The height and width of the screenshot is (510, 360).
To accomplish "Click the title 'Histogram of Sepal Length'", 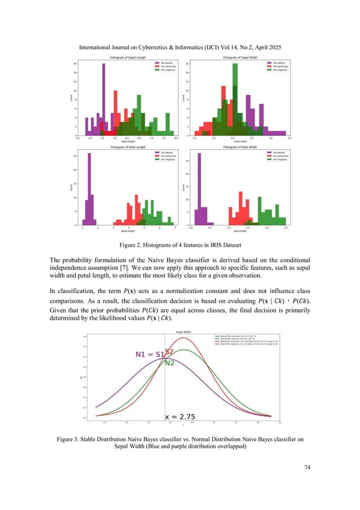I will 127,59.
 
